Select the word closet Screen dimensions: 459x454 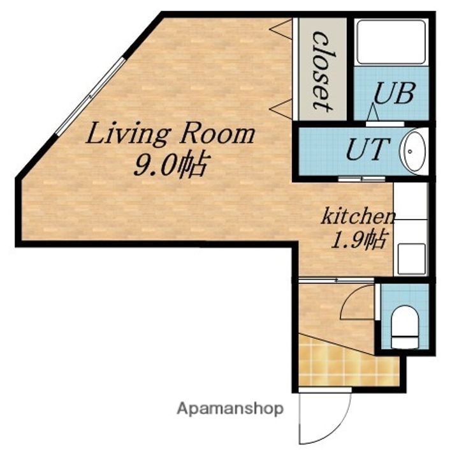[323, 72]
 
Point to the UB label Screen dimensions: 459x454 [394, 93]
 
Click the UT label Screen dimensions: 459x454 [368, 148]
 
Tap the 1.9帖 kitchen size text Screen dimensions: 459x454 [360, 240]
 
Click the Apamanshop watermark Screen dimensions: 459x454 [230, 409]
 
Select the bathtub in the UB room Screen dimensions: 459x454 [391, 42]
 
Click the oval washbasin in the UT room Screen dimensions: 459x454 [413, 152]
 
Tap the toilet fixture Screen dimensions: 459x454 [405, 327]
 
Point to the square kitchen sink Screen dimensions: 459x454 [412, 259]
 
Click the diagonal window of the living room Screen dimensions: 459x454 [91, 95]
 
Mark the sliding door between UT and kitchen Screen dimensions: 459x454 [362, 179]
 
